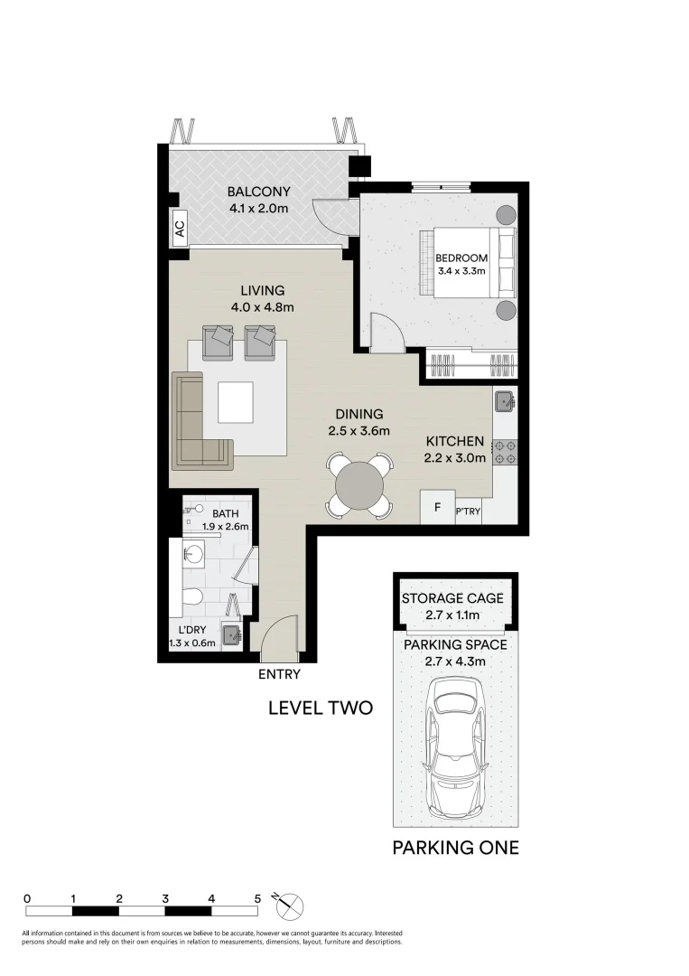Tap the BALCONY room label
coord(258,192)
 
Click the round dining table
coord(359,486)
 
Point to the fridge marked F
coord(438,507)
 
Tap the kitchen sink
coord(504,400)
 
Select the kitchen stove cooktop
coord(504,452)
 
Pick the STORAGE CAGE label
coord(452,598)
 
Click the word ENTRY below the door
coord(279,674)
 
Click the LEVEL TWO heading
coord(321,708)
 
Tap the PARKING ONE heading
coord(455,848)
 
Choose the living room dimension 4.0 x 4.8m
coord(262,307)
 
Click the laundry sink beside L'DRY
coord(231,633)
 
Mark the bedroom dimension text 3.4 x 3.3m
coord(461,270)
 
